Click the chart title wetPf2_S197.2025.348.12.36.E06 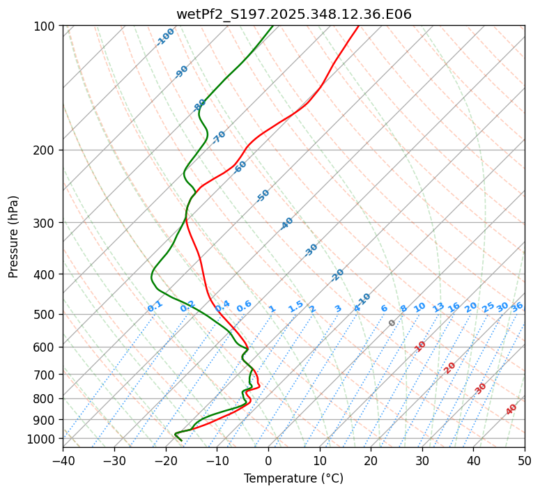click(x=293, y=14)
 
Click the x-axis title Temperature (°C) click(x=293, y=479)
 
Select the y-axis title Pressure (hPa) click(x=14, y=237)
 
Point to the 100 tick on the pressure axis click(x=45, y=26)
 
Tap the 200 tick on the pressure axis click(x=45, y=150)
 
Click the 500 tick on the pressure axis click(x=45, y=315)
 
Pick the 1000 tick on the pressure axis click(x=43, y=439)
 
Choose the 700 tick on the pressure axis click(x=45, y=375)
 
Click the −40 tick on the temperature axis click(x=63, y=460)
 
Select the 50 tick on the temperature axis click(x=525, y=460)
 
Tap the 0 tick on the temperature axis click(x=268, y=460)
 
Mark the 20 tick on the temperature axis click(x=371, y=460)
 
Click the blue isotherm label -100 click(x=166, y=36)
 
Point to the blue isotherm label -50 click(x=263, y=196)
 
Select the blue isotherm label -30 click(x=311, y=250)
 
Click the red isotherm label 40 click(x=511, y=409)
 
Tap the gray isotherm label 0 click(x=392, y=323)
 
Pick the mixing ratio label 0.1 click(x=155, y=306)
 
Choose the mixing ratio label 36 click(x=517, y=306)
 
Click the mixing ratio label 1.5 click(x=295, y=306)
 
